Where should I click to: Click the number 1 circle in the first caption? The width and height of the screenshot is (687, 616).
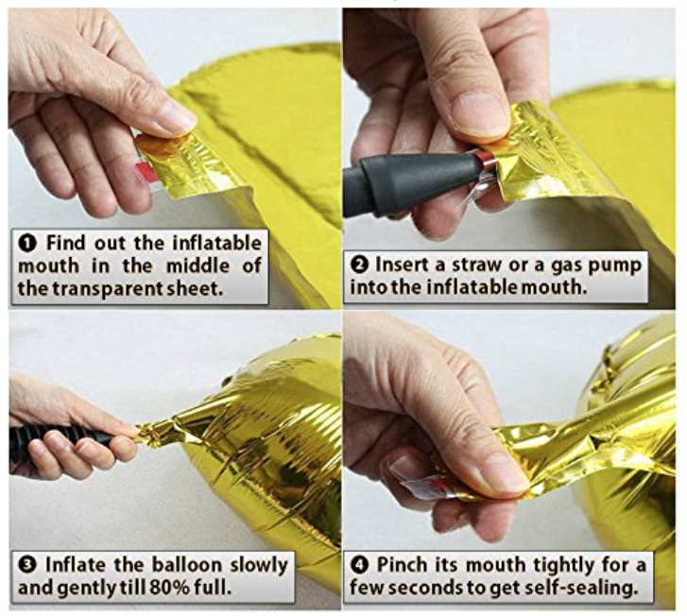pyautogui.click(x=29, y=243)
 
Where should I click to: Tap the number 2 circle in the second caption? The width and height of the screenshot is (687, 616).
pyautogui.click(x=361, y=265)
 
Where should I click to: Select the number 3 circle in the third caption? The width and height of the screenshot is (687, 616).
pyautogui.click(x=28, y=565)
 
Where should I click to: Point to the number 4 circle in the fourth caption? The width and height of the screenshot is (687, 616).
pyautogui.click(x=360, y=565)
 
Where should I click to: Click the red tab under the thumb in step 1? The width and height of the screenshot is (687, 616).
pyautogui.click(x=146, y=171)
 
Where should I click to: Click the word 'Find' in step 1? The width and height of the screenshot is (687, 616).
pyautogui.click(x=65, y=243)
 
